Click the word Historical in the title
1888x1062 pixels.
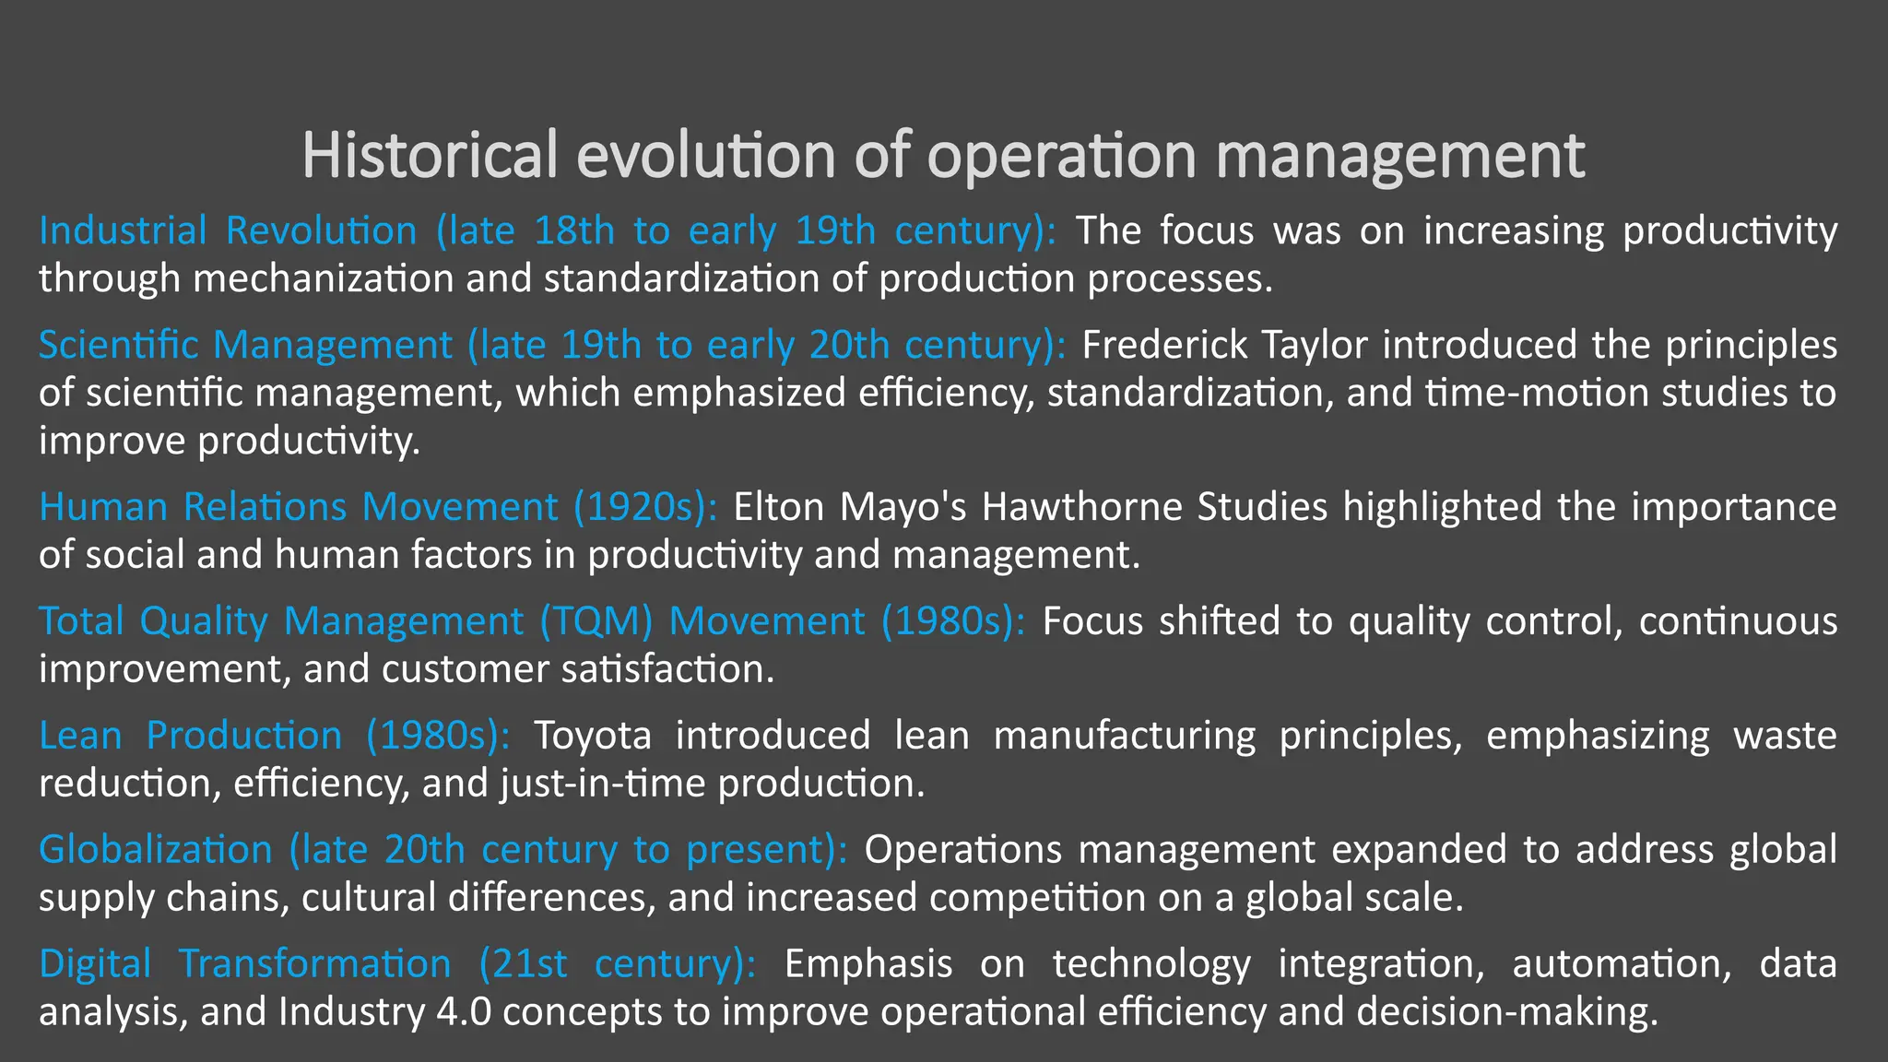(430, 155)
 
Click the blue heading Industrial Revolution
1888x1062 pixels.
(228, 230)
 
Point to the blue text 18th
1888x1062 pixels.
(573, 230)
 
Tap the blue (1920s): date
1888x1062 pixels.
(644, 507)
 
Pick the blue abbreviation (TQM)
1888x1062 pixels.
(596, 621)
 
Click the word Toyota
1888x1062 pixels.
(593, 736)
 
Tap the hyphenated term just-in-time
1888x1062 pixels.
(603, 784)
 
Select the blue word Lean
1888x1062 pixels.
(80, 736)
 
